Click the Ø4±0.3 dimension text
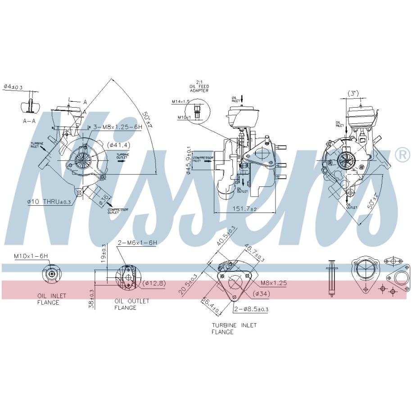(13, 86)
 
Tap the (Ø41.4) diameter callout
(118, 145)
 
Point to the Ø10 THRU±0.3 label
(50, 202)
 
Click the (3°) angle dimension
(353, 93)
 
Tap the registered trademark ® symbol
(402, 155)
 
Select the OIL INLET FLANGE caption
(51, 299)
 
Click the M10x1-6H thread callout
(31, 256)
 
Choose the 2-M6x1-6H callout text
(137, 243)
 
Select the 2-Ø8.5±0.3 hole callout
(251, 309)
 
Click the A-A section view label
(29, 121)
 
